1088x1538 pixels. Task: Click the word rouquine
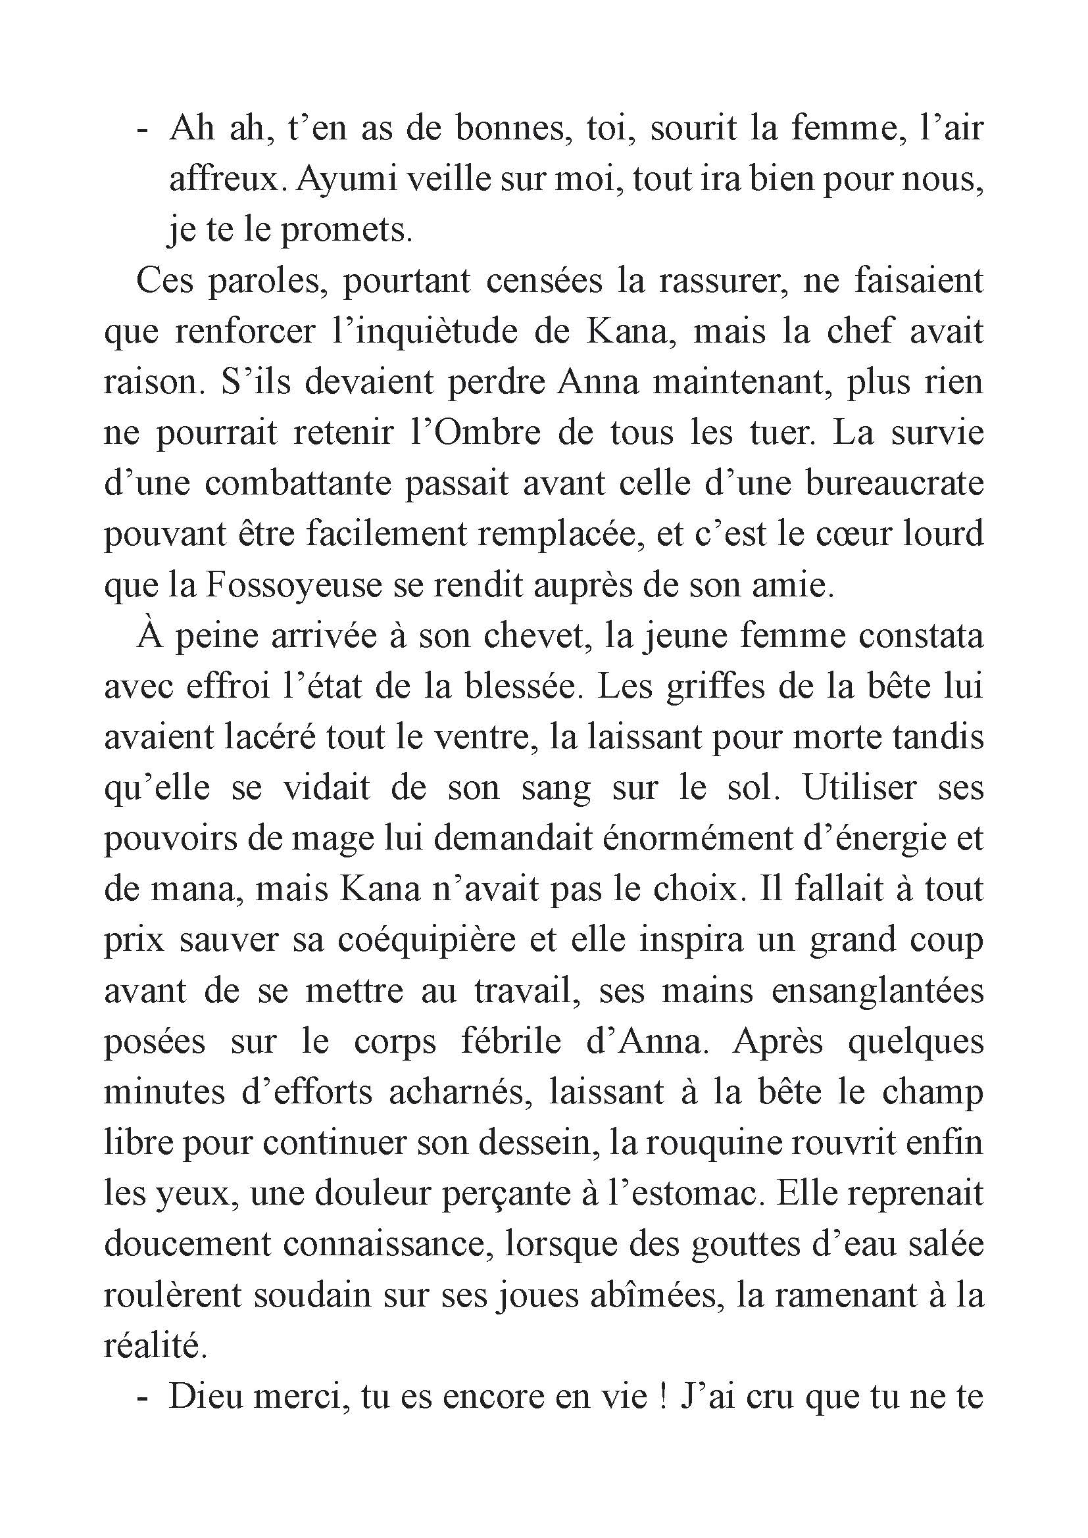pyautogui.click(x=694, y=1143)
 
